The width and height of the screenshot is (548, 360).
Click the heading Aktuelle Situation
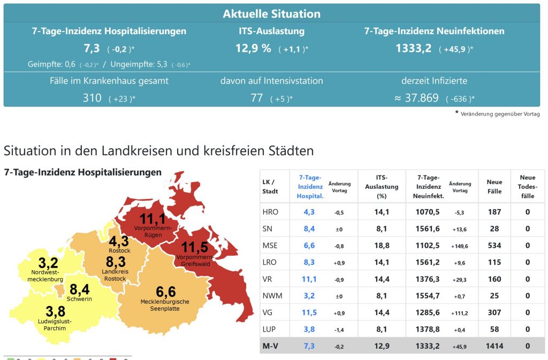[272, 14]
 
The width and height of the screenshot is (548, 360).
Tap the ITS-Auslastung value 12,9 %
[253, 49]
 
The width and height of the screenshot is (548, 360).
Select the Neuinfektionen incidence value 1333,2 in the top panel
[414, 49]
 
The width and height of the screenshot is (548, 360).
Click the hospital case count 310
[92, 98]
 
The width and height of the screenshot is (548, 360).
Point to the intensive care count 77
[257, 98]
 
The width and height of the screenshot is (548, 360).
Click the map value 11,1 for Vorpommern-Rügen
[153, 219]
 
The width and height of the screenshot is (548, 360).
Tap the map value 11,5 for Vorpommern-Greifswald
[195, 248]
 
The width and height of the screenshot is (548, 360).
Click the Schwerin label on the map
[79, 299]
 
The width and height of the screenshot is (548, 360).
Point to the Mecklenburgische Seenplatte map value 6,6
[165, 292]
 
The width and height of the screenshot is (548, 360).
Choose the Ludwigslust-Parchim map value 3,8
[55, 311]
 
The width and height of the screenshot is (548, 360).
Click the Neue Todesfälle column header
[527, 187]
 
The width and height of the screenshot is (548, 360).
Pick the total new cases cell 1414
[494, 346]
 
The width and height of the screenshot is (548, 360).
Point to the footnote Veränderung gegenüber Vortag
[500, 114]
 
